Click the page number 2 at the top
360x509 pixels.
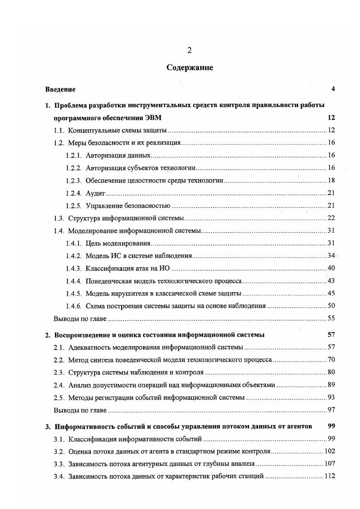pyautogui.click(x=189, y=50)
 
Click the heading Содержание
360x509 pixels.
pyautogui.click(x=189, y=68)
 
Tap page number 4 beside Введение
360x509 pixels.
pyautogui.click(x=333, y=89)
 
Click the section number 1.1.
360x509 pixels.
pyautogui.click(x=59, y=131)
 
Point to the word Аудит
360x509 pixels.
pyautogui.click(x=95, y=193)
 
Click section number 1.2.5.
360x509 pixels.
pyautogui.click(x=73, y=206)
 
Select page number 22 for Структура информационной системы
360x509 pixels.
pyautogui.click(x=331, y=218)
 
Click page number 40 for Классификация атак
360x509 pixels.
pyautogui.click(x=331, y=268)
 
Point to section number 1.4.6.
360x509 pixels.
pyautogui.click(x=73, y=306)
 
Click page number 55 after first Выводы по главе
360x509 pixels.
pyautogui.click(x=331, y=318)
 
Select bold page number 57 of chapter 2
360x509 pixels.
pyautogui.click(x=331, y=335)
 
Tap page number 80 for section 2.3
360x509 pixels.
pyautogui.click(x=331, y=372)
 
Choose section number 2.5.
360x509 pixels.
pyautogui.click(x=59, y=397)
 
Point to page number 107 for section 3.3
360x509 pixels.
pyautogui.click(x=329, y=464)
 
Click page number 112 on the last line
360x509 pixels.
pyautogui.click(x=329, y=476)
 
